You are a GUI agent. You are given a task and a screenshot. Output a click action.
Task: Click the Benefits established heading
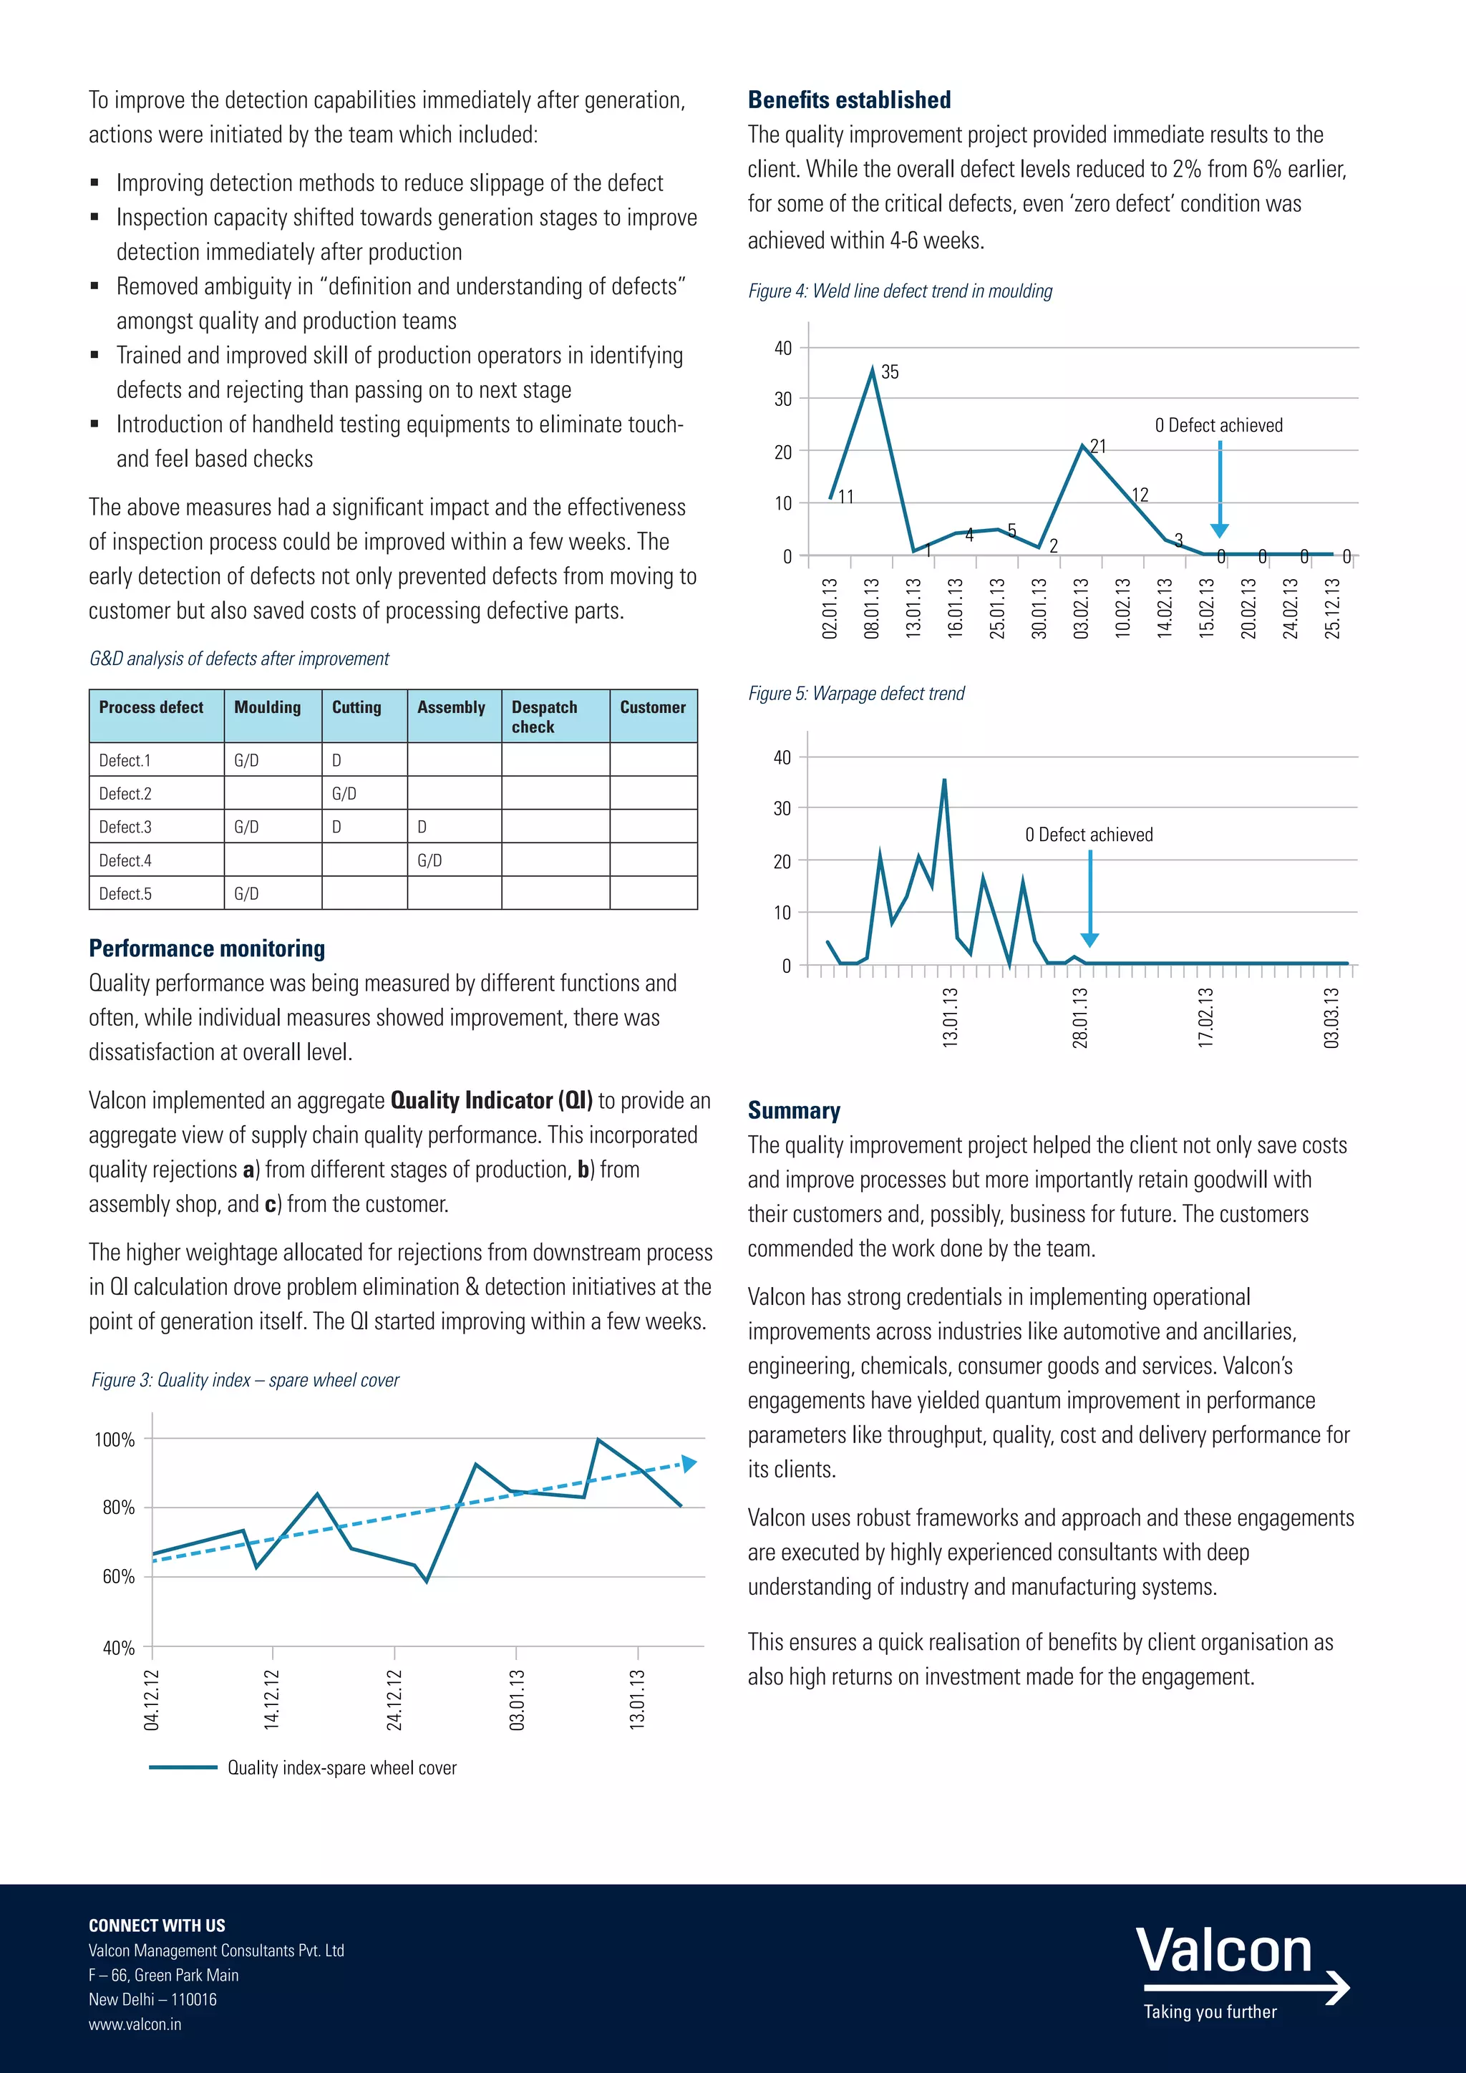pyautogui.click(x=848, y=100)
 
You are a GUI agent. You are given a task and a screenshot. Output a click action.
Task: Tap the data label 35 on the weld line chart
pyautogui.click(x=889, y=372)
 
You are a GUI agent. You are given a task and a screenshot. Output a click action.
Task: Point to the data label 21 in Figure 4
pyautogui.click(x=1097, y=446)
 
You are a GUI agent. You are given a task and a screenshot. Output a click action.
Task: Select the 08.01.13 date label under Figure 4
pyautogui.click(x=871, y=608)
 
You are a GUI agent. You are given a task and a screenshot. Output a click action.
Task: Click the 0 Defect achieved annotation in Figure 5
pyautogui.click(x=1089, y=834)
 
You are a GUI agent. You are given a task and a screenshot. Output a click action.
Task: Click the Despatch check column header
pyautogui.click(x=544, y=716)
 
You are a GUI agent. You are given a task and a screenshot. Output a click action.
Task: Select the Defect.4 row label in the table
pyautogui.click(x=125, y=860)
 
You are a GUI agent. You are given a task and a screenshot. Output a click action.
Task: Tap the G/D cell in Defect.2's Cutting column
pyautogui.click(x=344, y=794)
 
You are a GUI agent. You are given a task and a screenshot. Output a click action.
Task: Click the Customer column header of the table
pyautogui.click(x=653, y=707)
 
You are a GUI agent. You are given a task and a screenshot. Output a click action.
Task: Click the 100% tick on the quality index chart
pyautogui.click(x=115, y=1440)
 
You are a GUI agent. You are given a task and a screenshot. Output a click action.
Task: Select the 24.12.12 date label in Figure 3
pyautogui.click(x=394, y=1699)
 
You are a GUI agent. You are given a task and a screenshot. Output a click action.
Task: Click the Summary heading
pyautogui.click(x=793, y=1110)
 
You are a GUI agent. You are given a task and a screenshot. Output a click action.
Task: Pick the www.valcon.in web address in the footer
pyautogui.click(x=135, y=2024)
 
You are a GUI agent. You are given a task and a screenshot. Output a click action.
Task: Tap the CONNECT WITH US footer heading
pyautogui.click(x=157, y=1925)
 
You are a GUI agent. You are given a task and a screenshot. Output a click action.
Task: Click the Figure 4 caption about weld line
pyautogui.click(x=900, y=291)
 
